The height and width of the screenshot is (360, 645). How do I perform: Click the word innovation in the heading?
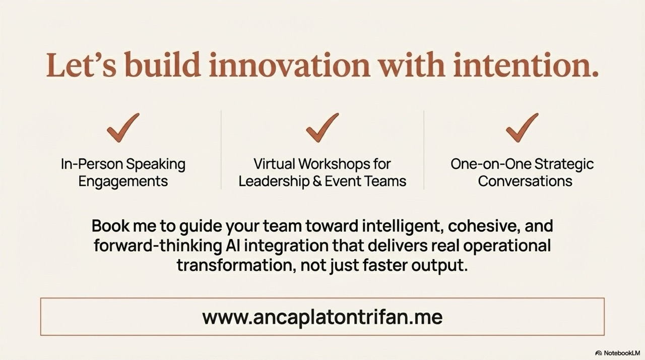pyautogui.click(x=289, y=65)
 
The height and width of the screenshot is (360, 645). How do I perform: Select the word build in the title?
pyautogui.click(x=162, y=65)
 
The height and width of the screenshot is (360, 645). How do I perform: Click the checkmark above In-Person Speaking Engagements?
pyautogui.click(x=123, y=128)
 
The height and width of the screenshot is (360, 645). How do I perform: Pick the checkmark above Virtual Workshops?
pyautogui.click(x=322, y=128)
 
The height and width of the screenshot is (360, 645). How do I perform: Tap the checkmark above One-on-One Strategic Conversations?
pyautogui.click(x=522, y=128)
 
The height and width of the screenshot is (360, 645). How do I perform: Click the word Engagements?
pyautogui.click(x=123, y=182)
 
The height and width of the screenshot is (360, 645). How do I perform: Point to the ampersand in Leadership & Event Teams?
pyautogui.click(x=317, y=182)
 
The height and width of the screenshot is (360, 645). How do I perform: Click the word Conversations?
pyautogui.click(x=525, y=182)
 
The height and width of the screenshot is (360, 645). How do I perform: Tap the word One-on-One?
pyautogui.click(x=490, y=164)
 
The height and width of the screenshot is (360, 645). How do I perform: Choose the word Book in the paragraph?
pyautogui.click(x=110, y=226)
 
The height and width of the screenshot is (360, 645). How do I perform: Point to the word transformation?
pyautogui.click(x=236, y=265)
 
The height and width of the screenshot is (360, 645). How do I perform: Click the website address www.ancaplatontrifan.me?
pyautogui.click(x=322, y=317)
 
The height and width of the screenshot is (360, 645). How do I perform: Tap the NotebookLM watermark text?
pyautogui.click(x=622, y=353)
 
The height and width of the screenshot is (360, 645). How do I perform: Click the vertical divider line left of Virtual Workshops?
pyautogui.click(x=221, y=150)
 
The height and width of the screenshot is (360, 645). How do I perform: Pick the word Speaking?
pyautogui.click(x=156, y=164)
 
